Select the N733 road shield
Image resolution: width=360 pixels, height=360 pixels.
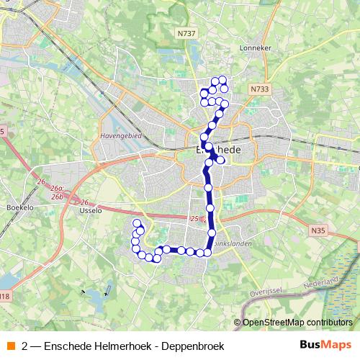pyautogui.click(x=260, y=89)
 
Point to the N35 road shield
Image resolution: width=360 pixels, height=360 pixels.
pyautogui.click(x=319, y=230)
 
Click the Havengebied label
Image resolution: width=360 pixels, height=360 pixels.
pyautogui.click(x=120, y=135)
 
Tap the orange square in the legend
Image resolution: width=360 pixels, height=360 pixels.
pyautogui.click(x=11, y=346)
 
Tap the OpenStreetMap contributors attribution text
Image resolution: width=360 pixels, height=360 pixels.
pyautogui.click(x=297, y=322)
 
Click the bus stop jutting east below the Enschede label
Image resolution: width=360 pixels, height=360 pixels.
pyautogui.click(x=220, y=160)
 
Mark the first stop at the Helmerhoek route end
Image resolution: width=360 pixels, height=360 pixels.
pyautogui.click(x=137, y=223)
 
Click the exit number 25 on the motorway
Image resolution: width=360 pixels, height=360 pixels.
pyautogui.click(x=194, y=217)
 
